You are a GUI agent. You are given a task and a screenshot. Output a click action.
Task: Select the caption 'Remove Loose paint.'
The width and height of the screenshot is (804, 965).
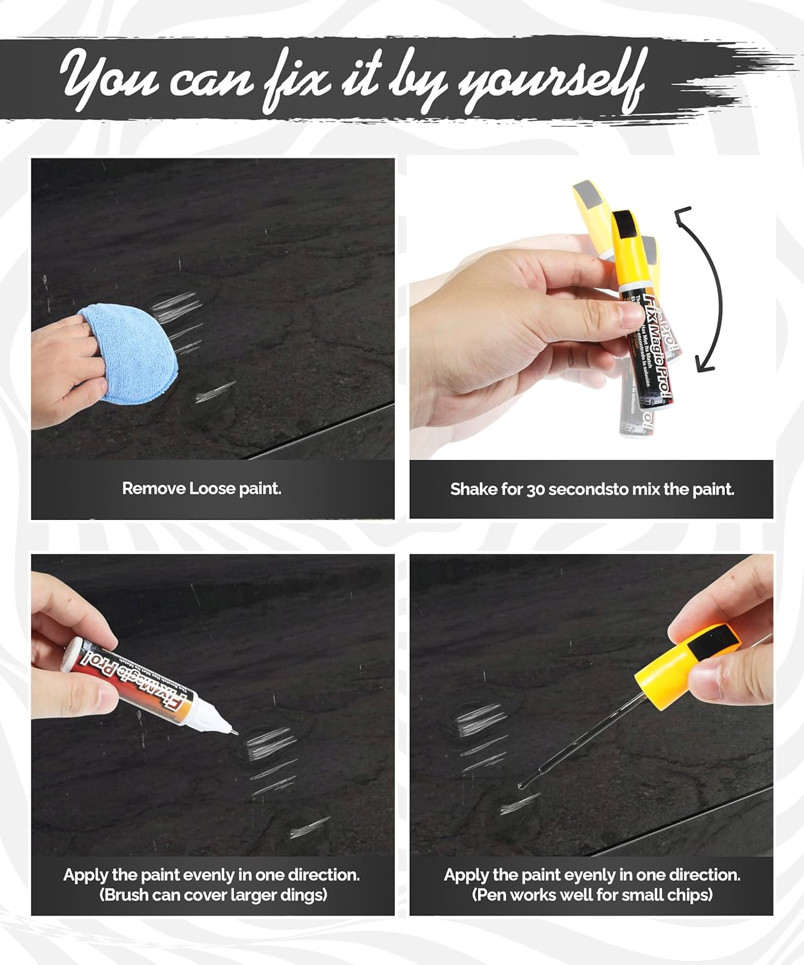pos(201,488)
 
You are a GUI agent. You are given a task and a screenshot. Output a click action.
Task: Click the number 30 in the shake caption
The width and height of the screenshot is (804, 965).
pos(536,490)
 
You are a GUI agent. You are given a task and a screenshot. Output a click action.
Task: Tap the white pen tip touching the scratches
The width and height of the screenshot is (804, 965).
pos(232,729)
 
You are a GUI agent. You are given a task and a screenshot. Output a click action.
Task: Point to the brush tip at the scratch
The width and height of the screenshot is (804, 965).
pos(522,786)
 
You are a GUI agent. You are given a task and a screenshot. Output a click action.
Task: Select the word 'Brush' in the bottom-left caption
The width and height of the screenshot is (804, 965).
pos(127,895)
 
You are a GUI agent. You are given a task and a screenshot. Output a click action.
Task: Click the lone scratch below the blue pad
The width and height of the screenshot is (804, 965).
pos(215,391)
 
